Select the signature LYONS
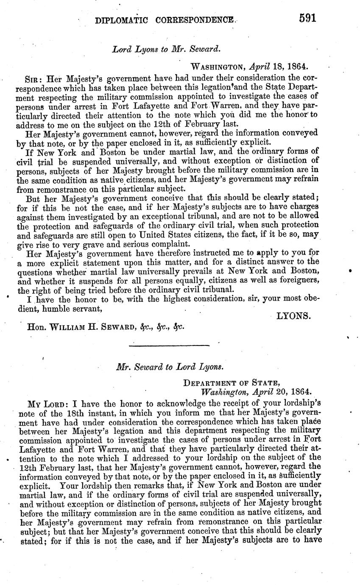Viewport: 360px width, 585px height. tap(294, 316)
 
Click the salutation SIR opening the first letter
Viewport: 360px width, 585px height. tap(32, 79)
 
